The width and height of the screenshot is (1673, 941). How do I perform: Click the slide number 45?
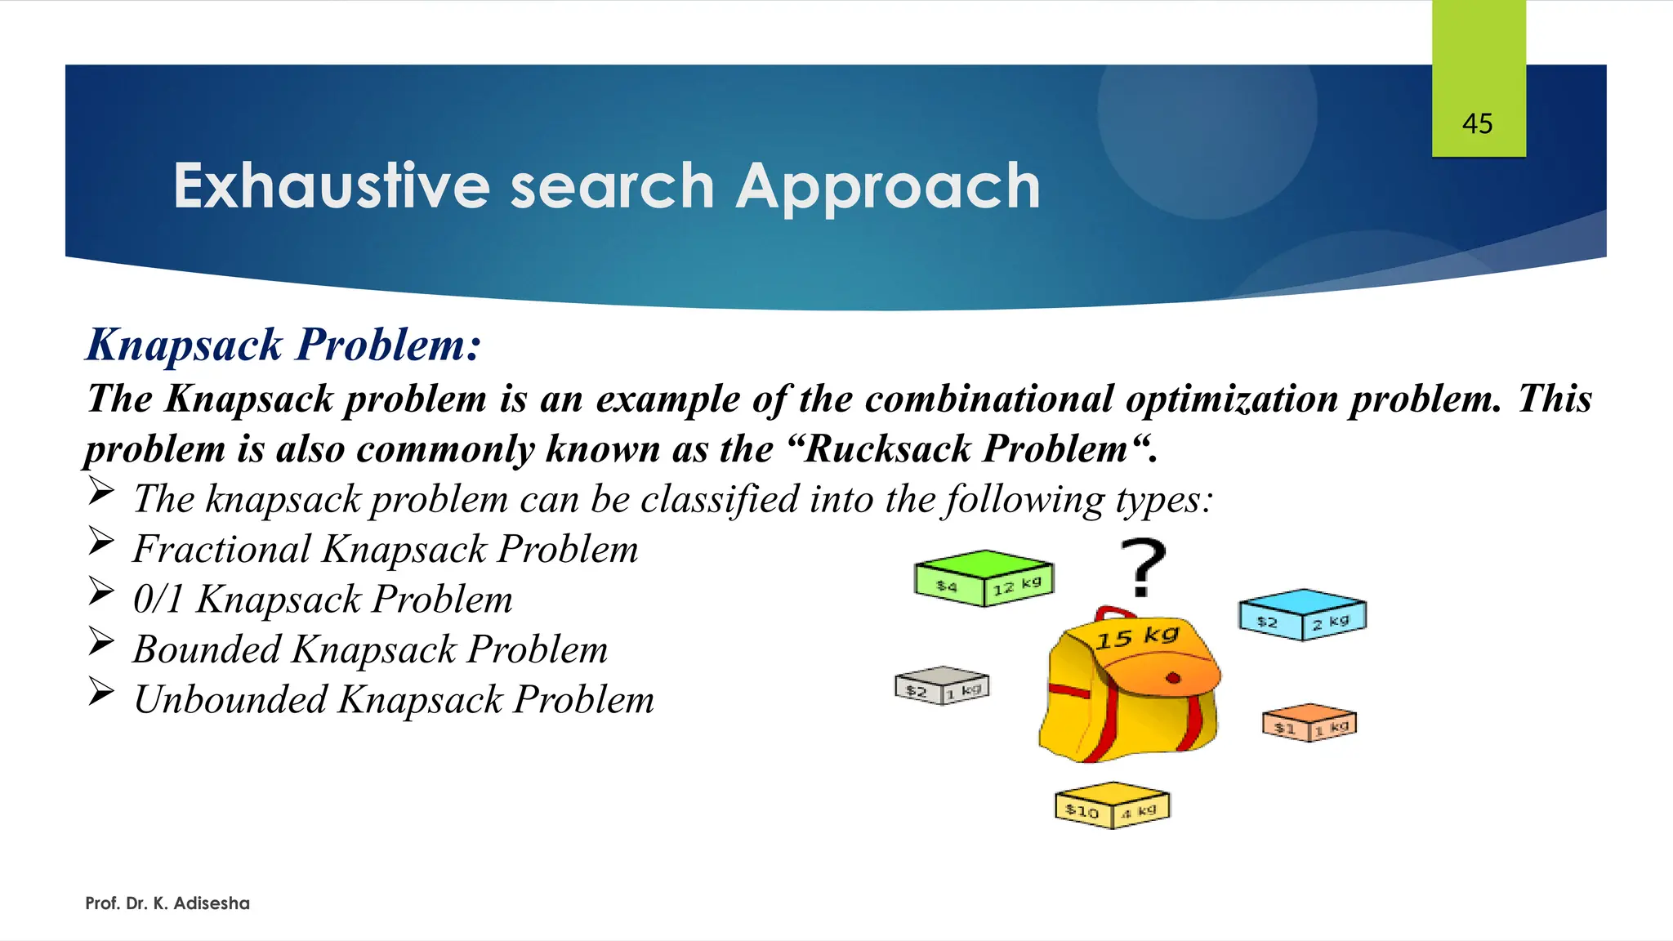[1477, 124]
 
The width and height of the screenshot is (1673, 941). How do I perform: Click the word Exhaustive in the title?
[331, 186]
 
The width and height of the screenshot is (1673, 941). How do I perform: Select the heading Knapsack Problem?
[283, 345]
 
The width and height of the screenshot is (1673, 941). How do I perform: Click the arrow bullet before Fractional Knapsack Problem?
[101, 542]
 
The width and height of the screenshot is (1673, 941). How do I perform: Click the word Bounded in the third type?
[207, 649]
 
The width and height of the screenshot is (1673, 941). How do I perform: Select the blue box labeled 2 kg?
[1302, 613]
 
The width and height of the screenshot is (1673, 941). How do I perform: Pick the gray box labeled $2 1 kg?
[942, 685]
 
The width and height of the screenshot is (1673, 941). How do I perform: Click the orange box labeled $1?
[1309, 722]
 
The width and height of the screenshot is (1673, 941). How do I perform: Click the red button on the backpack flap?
[1173, 677]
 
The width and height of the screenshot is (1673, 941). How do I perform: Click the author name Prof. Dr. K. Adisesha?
[167, 903]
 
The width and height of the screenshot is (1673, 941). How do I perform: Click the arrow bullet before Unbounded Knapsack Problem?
[101, 692]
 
